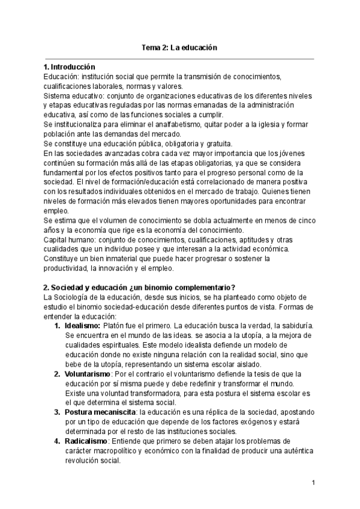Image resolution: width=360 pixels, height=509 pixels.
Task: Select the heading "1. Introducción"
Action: (70, 67)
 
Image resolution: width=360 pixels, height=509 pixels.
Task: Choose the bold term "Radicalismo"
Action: (86, 441)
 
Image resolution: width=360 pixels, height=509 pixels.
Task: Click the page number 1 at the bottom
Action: (313, 483)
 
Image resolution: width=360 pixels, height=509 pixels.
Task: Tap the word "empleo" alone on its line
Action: (57, 211)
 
